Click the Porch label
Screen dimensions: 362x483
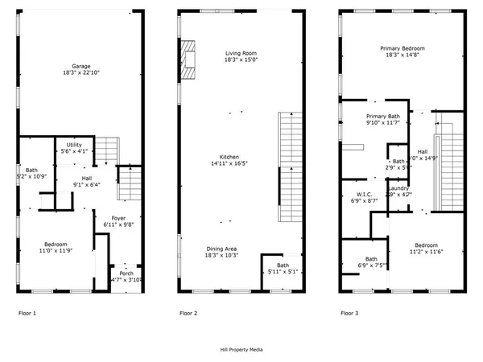(126, 273)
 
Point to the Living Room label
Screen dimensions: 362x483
(240, 53)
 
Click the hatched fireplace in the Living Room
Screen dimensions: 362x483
(188, 60)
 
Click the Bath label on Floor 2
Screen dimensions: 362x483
(283, 265)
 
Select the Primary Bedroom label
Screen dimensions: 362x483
(402, 48)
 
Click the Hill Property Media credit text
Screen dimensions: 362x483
(242, 350)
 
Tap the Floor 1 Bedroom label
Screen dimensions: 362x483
(56, 245)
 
